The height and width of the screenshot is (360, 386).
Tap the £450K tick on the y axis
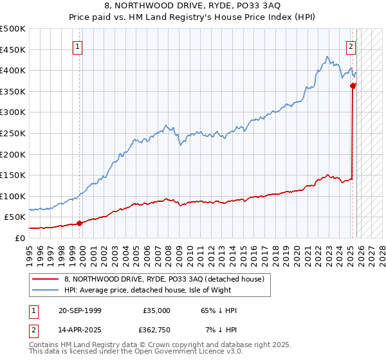click(13, 50)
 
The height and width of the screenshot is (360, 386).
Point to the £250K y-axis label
click(13, 133)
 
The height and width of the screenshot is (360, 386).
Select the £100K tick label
click(13, 196)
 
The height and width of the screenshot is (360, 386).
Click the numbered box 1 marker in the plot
click(77, 46)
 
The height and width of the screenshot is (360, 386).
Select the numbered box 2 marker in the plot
click(351, 46)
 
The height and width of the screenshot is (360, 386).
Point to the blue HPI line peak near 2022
click(327, 57)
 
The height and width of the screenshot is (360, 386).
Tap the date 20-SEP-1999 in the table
click(80, 310)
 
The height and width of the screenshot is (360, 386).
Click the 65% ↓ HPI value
click(218, 310)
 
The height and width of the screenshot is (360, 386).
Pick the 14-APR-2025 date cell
click(80, 330)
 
